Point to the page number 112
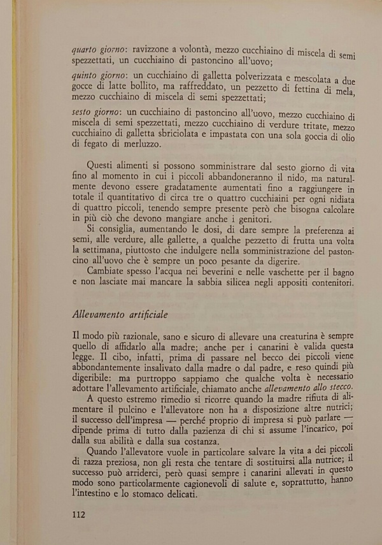(x=83, y=514)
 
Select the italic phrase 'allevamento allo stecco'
(x=318, y=390)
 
